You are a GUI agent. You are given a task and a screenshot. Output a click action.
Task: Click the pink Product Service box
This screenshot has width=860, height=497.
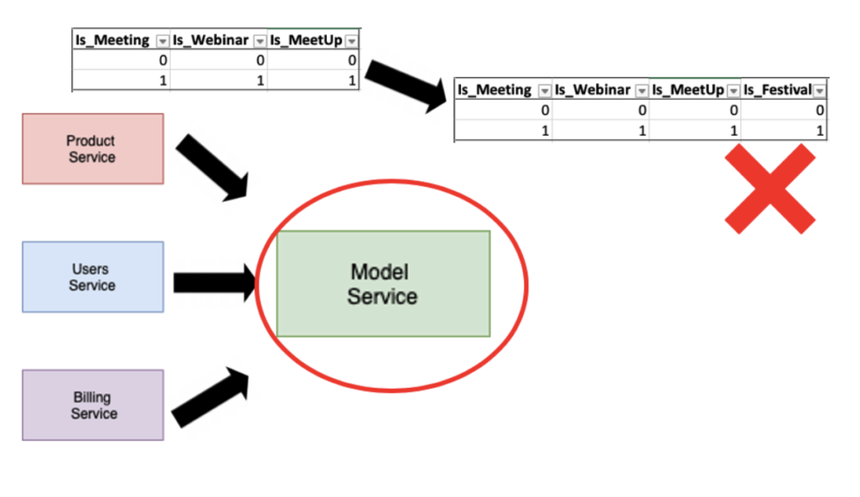92,149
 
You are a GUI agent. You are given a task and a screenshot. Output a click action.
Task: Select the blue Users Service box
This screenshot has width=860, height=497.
92,277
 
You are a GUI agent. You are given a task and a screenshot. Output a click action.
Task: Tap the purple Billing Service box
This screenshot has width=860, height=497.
92,405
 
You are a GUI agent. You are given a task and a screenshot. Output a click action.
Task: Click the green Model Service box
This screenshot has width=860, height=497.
383,284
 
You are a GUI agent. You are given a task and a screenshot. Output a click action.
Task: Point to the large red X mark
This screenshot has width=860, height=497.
770,188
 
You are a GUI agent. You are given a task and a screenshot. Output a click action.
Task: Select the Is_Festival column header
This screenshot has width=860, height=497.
777,90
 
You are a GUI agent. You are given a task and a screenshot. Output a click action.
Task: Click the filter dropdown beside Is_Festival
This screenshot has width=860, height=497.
819,91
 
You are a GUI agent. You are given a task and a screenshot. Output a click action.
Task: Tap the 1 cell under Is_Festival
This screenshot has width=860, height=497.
820,131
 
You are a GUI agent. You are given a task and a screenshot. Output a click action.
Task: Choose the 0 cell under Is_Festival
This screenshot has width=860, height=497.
820,110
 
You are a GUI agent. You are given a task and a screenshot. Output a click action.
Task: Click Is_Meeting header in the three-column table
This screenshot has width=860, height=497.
113,40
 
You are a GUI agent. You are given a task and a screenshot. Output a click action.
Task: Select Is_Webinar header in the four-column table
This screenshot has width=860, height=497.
592,90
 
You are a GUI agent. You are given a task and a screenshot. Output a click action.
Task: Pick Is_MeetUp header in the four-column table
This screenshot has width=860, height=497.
688,90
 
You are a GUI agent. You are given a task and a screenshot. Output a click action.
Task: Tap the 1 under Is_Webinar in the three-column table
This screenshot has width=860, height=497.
260,81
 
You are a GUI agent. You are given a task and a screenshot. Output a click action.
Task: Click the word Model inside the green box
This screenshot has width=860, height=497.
379,272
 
